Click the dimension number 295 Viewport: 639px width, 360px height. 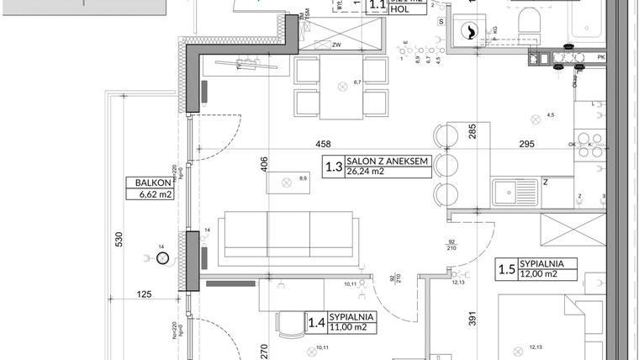click(x=525, y=145)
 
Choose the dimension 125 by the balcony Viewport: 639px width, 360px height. click(x=146, y=294)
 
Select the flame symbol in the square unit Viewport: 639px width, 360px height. click(x=467, y=32)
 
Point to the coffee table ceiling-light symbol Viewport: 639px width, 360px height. click(x=286, y=183)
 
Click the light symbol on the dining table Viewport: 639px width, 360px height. click(x=342, y=86)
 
